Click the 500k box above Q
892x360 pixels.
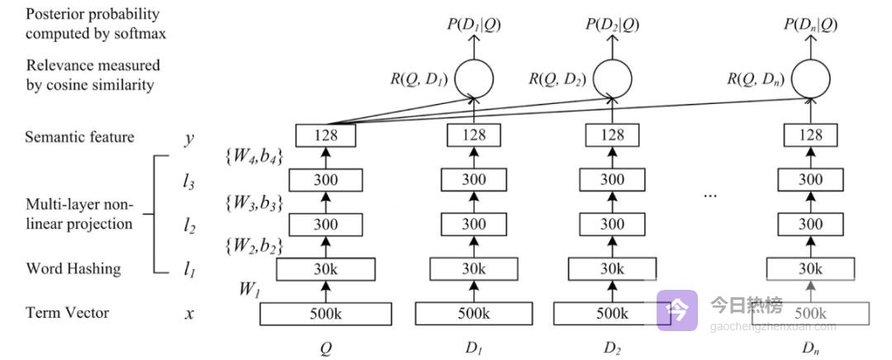(x=325, y=314)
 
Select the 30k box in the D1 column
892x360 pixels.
(x=473, y=269)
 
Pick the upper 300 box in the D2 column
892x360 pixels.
(x=612, y=180)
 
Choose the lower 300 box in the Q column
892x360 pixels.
(x=325, y=225)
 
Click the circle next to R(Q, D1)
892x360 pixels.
(x=473, y=78)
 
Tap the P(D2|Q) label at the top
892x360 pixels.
(x=612, y=25)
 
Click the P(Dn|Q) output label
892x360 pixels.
(x=810, y=25)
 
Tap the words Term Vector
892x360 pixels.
(x=68, y=313)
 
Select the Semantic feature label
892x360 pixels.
(x=80, y=137)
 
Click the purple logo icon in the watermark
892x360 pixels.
(x=677, y=310)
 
